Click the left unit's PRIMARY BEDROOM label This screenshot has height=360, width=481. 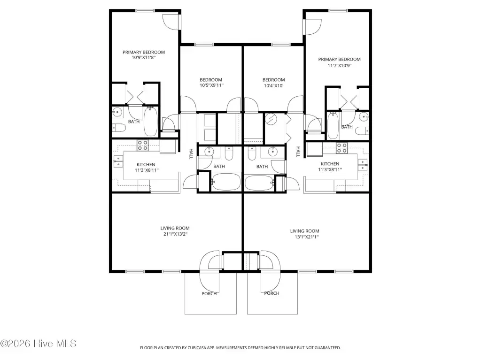coord(144,52)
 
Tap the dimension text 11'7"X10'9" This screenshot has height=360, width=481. coord(339,65)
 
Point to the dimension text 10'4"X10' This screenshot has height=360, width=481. coord(274,85)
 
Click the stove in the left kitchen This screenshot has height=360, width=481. coord(143,146)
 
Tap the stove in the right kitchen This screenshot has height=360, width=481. coord(342,148)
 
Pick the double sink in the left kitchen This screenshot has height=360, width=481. coord(118,161)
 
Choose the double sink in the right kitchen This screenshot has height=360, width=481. coord(363,165)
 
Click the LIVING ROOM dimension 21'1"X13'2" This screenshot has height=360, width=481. coord(175,234)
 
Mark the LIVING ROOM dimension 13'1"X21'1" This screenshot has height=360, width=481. coord(304,237)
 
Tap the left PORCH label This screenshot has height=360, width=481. coord(209,294)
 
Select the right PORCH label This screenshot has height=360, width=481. coord(272,293)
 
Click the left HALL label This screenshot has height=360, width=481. coord(191,154)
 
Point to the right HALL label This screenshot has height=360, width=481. coord(298,152)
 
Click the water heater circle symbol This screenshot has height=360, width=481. coord(271,119)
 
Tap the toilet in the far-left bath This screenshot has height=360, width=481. coord(119,128)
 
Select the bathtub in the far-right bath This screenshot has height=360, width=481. coord(333,125)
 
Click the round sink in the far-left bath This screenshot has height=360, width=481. coord(117,113)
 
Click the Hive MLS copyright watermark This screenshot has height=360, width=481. coord(38,344)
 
